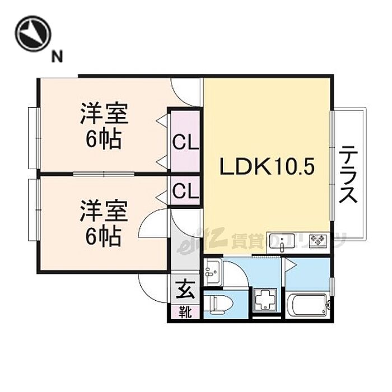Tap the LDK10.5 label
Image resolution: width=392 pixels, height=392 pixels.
click(x=268, y=166)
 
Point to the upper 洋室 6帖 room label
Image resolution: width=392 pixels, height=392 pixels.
click(x=104, y=127)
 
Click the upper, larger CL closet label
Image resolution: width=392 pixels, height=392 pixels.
click(x=185, y=142)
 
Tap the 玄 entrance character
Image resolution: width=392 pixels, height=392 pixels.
click(x=185, y=290)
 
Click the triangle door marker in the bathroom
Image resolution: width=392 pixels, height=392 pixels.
click(x=290, y=264)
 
